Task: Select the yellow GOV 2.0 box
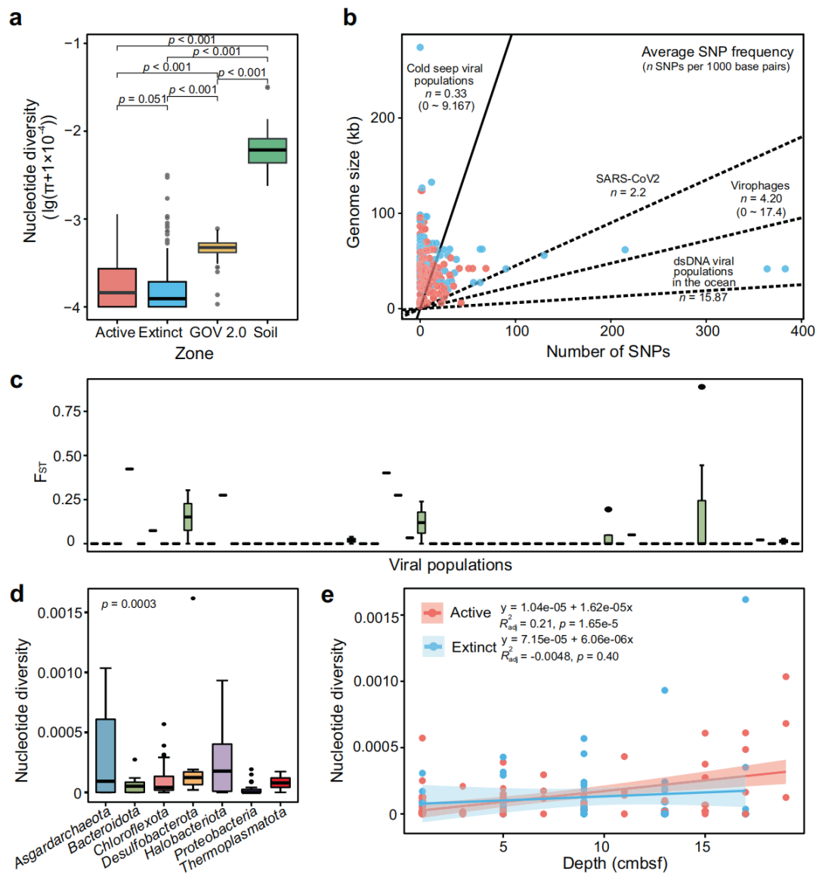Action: pos(218,247)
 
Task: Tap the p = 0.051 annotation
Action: pos(142,99)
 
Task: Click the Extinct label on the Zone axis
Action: pos(161,332)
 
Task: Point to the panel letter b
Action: pos(349,17)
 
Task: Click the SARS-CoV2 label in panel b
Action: pos(627,179)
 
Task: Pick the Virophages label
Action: pos(759,186)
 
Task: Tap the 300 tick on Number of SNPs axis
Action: pos(707,330)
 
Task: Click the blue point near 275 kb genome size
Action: pos(420,48)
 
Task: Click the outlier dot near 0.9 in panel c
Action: pos(702,386)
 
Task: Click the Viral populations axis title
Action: pos(450,565)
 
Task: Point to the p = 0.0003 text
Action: pos(128,604)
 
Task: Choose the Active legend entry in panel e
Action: pos(470,612)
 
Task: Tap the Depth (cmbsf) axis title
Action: pos(615,863)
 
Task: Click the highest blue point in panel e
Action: pos(745,600)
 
